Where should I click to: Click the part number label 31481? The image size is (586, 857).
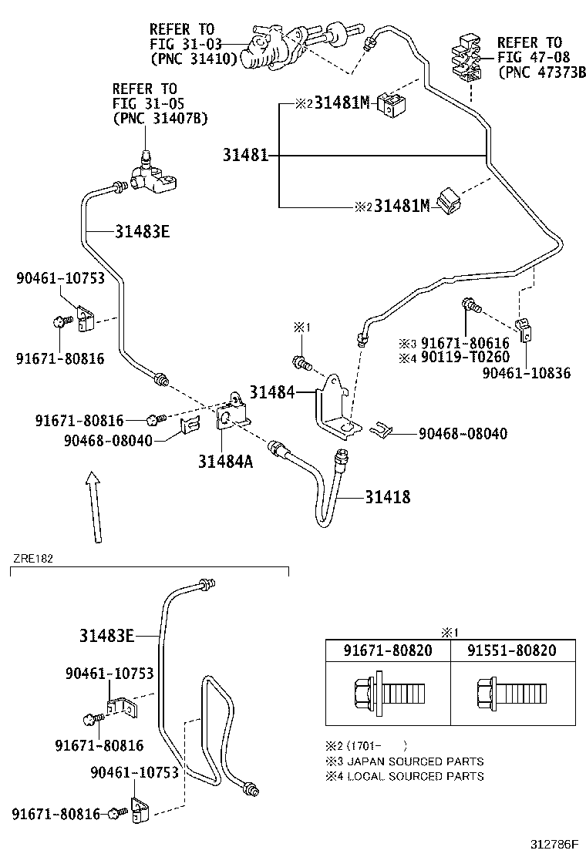[x=245, y=156]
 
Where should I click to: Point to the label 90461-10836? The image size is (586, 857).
[x=527, y=373]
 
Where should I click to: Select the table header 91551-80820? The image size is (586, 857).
[x=511, y=650]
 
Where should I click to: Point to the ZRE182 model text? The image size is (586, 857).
[x=32, y=558]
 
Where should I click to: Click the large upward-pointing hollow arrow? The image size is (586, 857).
[x=93, y=509]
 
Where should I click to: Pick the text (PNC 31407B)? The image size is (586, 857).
[x=160, y=118]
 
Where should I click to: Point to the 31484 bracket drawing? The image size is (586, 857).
[x=333, y=406]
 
